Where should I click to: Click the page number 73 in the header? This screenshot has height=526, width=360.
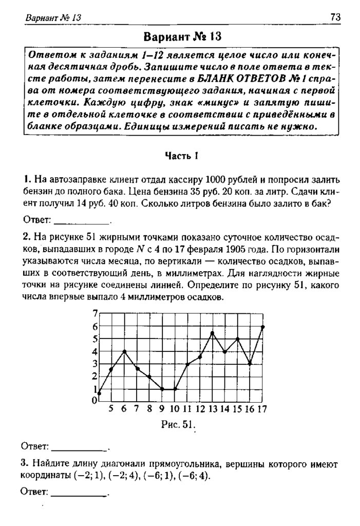(335, 17)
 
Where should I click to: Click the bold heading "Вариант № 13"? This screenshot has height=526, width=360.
(181, 37)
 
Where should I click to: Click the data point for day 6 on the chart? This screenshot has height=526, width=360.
(124, 351)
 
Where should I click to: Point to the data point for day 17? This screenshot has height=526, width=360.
(263, 326)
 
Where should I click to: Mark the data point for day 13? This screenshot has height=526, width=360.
(213, 333)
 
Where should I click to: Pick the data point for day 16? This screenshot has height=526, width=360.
(251, 363)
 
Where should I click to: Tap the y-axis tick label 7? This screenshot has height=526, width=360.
(94, 314)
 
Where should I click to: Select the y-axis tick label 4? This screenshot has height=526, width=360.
(94, 352)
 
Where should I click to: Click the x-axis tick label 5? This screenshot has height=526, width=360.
(111, 409)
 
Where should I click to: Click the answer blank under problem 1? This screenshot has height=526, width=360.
(82, 222)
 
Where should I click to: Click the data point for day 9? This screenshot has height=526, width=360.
(162, 389)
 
